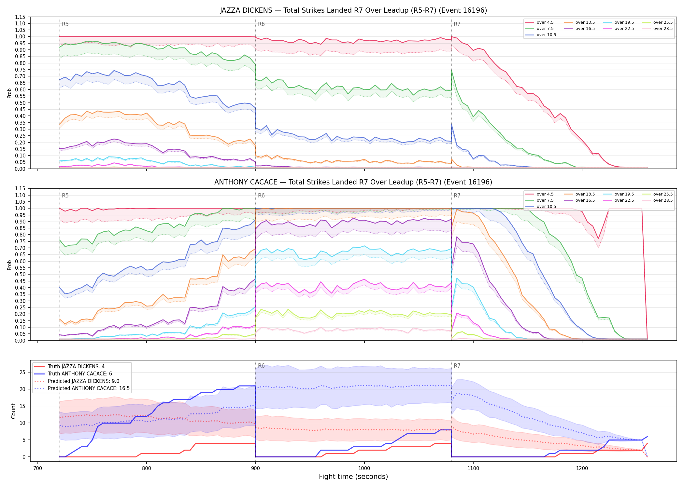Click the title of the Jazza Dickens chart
(353, 10)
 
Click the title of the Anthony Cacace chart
(353, 182)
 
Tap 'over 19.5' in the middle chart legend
(619, 194)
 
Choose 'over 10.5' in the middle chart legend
(541, 207)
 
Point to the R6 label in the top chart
(261, 24)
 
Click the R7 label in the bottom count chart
(457, 366)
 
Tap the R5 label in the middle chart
(65, 196)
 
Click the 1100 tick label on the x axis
(473, 468)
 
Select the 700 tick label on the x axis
(38, 468)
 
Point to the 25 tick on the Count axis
(22, 372)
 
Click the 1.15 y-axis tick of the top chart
(20, 17)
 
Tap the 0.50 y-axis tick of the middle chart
(20, 274)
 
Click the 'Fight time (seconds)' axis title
(353, 477)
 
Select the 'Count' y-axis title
(13, 411)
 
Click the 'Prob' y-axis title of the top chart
(9, 93)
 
